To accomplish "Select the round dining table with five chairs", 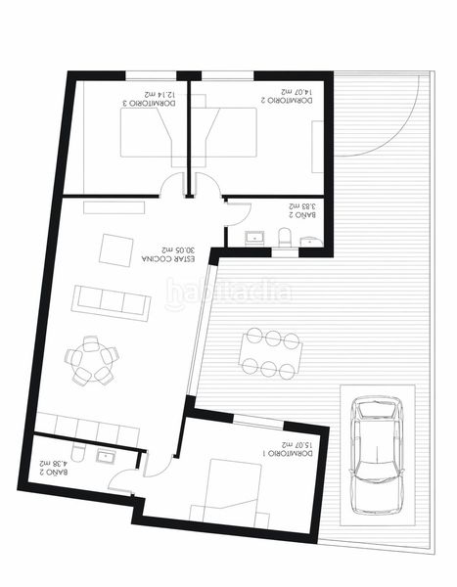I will [x=92, y=361].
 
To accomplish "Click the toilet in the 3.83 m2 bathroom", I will [x=285, y=238].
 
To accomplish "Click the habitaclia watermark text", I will [x=227, y=291].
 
